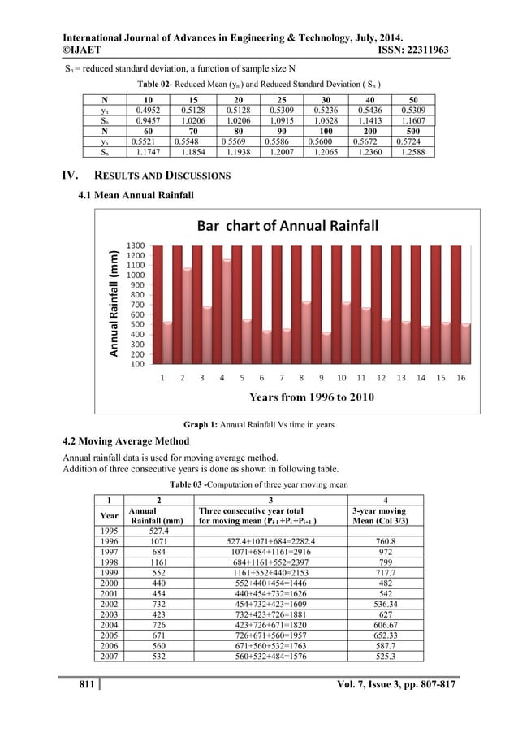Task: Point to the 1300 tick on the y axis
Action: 135,245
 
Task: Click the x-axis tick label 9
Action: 322,378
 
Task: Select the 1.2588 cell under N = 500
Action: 417,150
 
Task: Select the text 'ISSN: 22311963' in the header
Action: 414,50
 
